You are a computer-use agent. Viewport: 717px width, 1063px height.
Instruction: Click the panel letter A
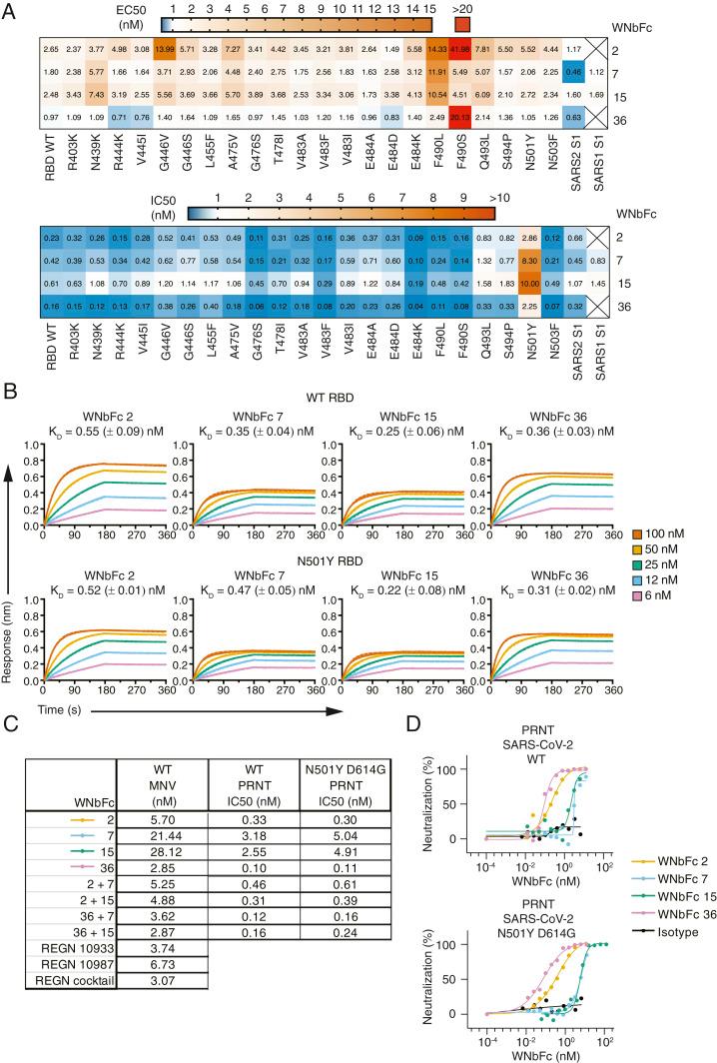[10, 9]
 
